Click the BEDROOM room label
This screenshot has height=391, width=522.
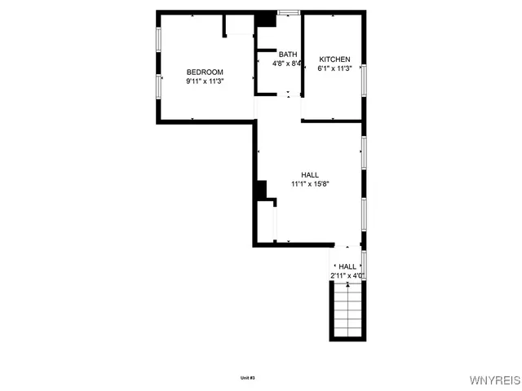(x=205, y=72)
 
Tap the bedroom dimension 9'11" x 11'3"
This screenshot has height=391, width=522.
(x=205, y=81)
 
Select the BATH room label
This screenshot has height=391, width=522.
(x=287, y=54)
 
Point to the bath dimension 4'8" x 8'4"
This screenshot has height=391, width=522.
(x=287, y=63)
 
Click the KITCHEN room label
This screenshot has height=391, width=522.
(x=334, y=59)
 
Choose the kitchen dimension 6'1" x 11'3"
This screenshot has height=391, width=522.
(x=334, y=68)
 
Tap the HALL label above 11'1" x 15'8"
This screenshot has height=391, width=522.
(x=310, y=174)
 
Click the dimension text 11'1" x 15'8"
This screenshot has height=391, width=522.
(x=310, y=183)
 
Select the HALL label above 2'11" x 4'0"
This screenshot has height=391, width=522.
(x=347, y=266)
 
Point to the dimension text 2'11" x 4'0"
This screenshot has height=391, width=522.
(x=347, y=275)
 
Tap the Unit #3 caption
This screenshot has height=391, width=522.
(x=248, y=377)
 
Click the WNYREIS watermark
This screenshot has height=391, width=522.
(x=493, y=380)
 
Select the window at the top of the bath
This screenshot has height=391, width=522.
(x=288, y=11)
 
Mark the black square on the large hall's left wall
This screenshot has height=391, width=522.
(x=261, y=189)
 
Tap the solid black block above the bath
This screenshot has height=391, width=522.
(x=266, y=18)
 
